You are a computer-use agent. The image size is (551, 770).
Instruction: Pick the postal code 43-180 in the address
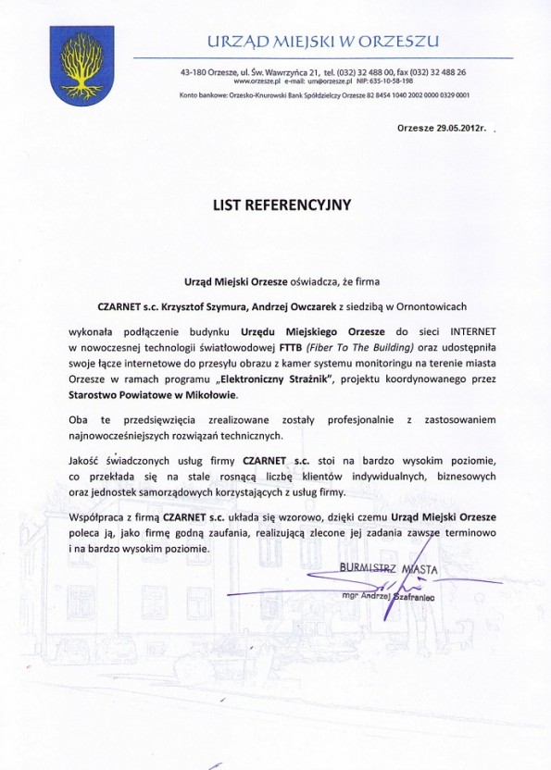198,71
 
